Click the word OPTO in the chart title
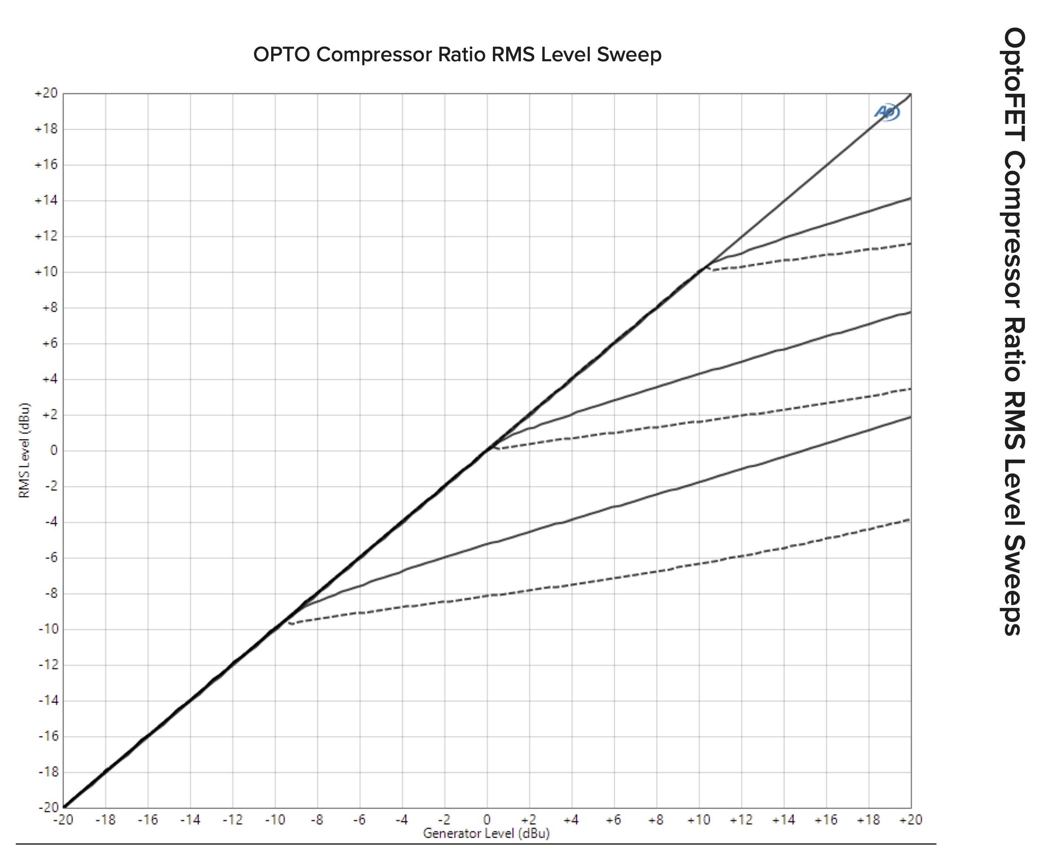pos(282,55)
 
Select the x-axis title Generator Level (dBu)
pos(486,834)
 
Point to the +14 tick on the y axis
pos(46,200)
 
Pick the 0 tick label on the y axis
pos(54,450)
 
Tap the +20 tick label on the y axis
pos(46,93)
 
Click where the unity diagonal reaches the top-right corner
pos(910,94)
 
